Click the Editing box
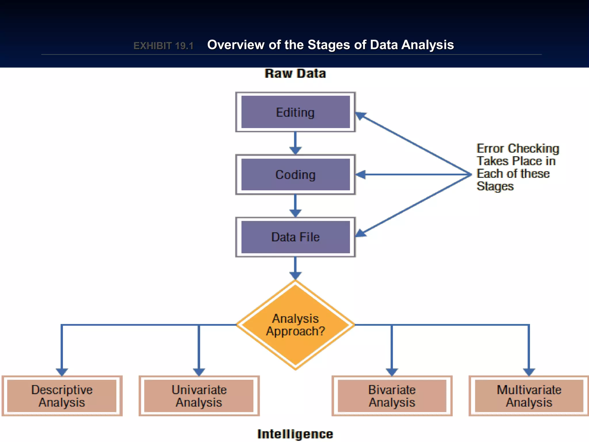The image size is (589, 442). pyautogui.click(x=295, y=112)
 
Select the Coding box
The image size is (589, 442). pyautogui.click(x=295, y=175)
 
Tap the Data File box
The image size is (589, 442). pyautogui.click(x=295, y=237)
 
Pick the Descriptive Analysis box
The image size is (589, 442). pyautogui.click(x=62, y=396)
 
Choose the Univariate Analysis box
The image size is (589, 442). pyautogui.click(x=199, y=396)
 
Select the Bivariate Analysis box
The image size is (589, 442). pyautogui.click(x=392, y=396)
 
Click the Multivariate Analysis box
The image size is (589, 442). pyautogui.click(x=529, y=396)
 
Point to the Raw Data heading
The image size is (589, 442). pyautogui.click(x=295, y=74)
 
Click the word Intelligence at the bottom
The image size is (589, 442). pyautogui.click(x=295, y=434)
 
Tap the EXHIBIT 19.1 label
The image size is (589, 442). pyautogui.click(x=163, y=46)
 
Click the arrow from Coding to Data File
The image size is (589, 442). pyautogui.click(x=295, y=205)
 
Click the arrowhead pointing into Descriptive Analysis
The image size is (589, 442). pyautogui.click(x=62, y=372)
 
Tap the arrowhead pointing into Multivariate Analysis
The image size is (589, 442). pyautogui.click(x=529, y=372)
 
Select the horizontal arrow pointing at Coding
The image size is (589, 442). pyautogui.click(x=411, y=174)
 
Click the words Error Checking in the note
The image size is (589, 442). pyautogui.click(x=518, y=148)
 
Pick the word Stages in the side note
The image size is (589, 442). pyautogui.click(x=495, y=186)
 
